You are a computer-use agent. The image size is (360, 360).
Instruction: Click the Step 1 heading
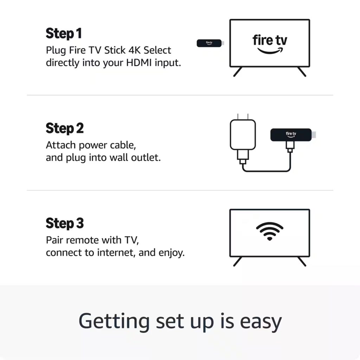pyautogui.click(x=64, y=34)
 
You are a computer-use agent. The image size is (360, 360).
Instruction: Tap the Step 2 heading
pyautogui.click(x=65, y=129)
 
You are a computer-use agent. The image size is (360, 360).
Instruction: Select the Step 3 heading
pyautogui.click(x=65, y=224)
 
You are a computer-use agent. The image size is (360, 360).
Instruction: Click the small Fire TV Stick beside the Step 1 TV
pyautogui.click(x=209, y=43)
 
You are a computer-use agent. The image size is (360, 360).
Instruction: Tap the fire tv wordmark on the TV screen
pyautogui.click(x=270, y=40)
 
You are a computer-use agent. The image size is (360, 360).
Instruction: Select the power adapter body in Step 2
pyautogui.click(x=242, y=134)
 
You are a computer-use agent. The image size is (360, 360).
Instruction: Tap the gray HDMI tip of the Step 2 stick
pyautogui.click(x=314, y=134)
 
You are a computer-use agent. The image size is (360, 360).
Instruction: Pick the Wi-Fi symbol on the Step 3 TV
pyautogui.click(x=270, y=232)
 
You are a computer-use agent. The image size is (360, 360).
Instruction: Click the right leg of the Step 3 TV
pyautogui.click(x=301, y=261)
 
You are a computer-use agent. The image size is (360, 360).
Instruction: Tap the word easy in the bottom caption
pyautogui.click(x=261, y=321)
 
